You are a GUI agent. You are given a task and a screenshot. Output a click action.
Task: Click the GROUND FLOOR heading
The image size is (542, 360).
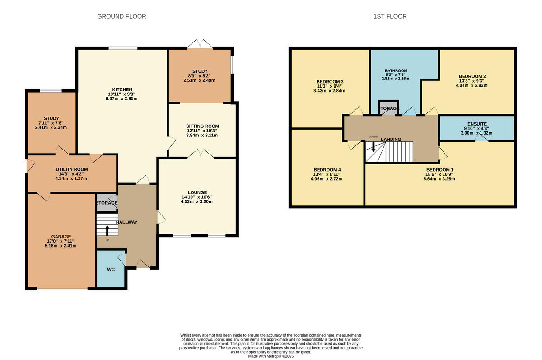[x=121, y=16]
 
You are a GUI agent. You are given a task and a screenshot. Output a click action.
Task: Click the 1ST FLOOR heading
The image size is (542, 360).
[x=390, y=16]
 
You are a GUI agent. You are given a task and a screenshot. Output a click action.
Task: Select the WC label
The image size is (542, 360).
[x=111, y=269]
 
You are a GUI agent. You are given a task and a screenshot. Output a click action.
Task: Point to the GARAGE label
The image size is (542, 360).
[x=61, y=236]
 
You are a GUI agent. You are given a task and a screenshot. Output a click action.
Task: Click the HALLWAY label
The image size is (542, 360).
[x=126, y=222]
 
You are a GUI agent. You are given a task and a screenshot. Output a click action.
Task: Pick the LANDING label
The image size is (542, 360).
[x=391, y=140]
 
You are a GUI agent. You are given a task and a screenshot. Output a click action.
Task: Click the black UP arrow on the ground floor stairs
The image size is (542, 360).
[x=107, y=229]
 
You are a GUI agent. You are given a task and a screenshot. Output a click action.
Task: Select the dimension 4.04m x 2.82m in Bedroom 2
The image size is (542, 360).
[x=472, y=85]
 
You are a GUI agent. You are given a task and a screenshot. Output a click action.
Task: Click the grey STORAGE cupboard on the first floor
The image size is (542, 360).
[x=388, y=108]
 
